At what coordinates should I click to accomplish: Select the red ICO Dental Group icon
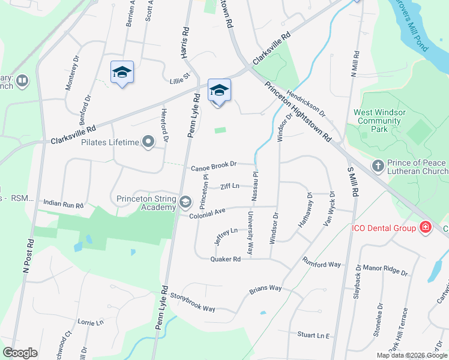click(426, 227)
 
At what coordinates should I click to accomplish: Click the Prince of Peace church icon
click(378, 165)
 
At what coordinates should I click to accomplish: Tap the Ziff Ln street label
click(230, 186)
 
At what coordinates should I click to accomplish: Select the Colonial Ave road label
click(207, 212)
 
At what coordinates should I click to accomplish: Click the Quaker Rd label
click(225, 259)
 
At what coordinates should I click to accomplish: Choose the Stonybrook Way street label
click(192, 302)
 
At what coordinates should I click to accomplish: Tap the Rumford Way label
click(321, 264)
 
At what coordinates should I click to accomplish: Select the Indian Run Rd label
click(63, 205)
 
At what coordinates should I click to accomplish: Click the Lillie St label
click(179, 77)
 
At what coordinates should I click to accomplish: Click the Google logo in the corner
click(20, 353)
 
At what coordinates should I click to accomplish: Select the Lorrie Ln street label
click(91, 323)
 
